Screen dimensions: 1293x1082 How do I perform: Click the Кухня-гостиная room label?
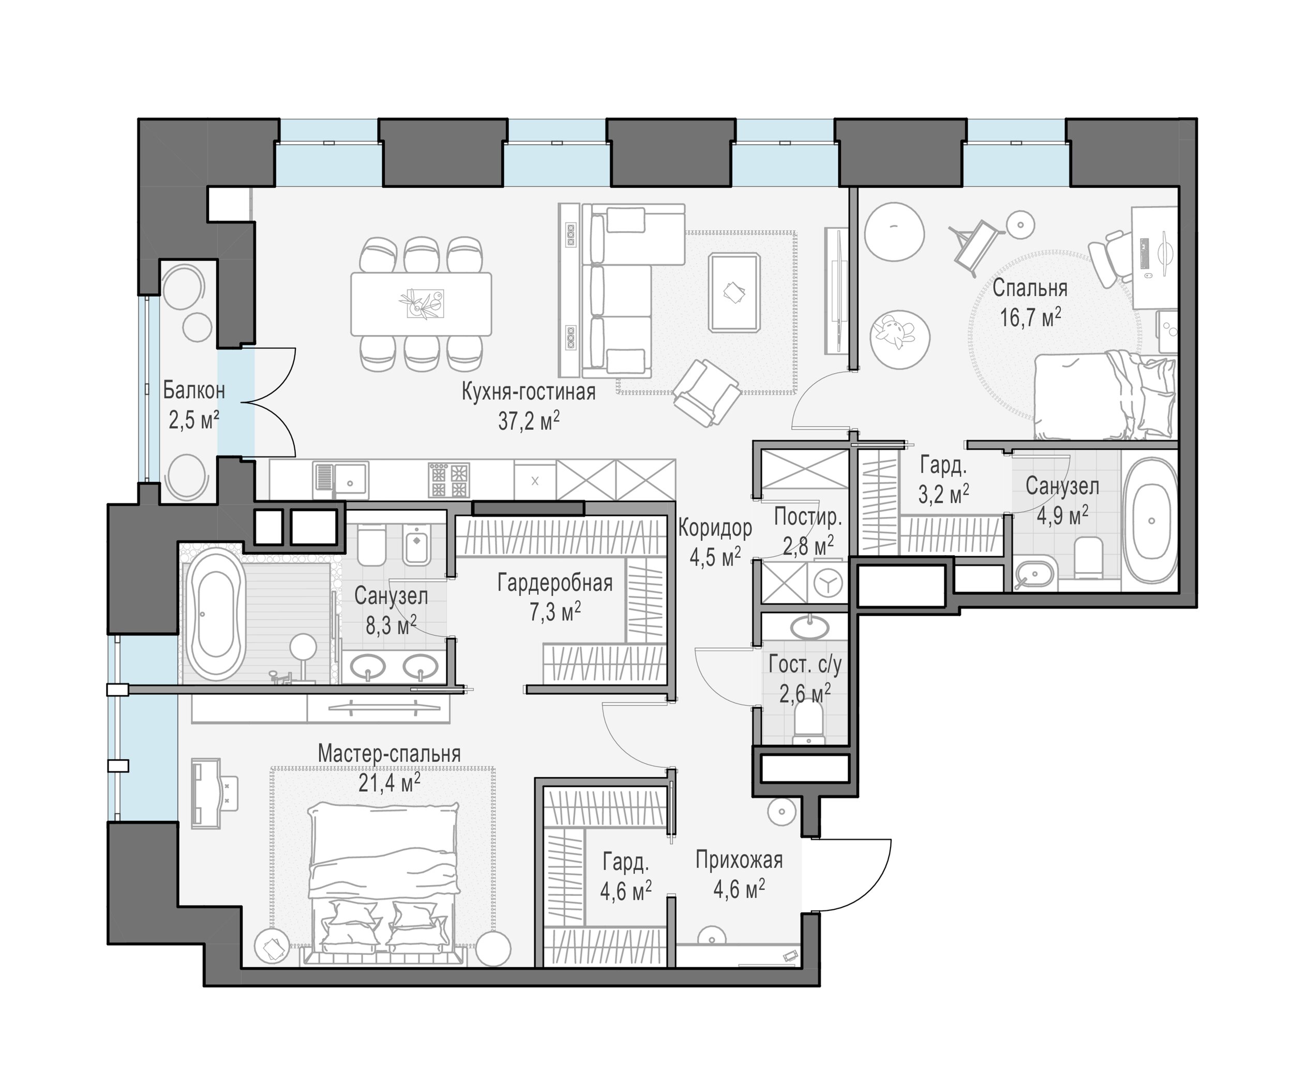(x=528, y=392)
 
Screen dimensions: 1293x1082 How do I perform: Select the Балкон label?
(x=194, y=390)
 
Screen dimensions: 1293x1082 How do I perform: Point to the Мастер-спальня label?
(x=389, y=754)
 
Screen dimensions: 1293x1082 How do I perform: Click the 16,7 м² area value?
(x=1030, y=317)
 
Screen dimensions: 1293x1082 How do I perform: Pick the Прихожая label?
(x=739, y=860)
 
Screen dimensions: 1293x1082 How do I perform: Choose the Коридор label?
(x=715, y=527)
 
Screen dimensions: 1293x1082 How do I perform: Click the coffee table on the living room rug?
(x=734, y=293)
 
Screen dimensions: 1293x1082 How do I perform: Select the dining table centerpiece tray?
(x=425, y=303)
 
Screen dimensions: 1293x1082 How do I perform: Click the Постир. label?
(x=808, y=517)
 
